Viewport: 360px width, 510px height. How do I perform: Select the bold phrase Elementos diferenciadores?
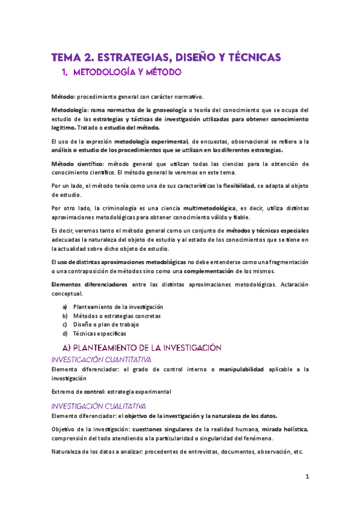pyautogui.click(x=89, y=284)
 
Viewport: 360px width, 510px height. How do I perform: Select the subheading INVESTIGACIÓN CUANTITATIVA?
pyautogui.click(x=101, y=360)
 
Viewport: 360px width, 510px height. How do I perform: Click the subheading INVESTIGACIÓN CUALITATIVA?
pyautogui.click(x=97, y=405)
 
